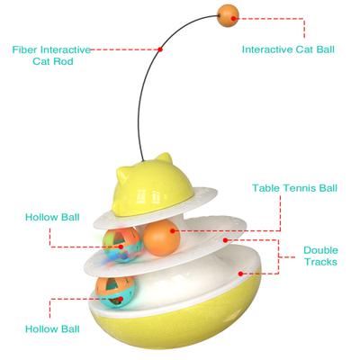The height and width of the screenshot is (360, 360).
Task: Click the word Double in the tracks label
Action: click(x=319, y=250)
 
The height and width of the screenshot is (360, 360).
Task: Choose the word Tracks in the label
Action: click(x=319, y=264)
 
